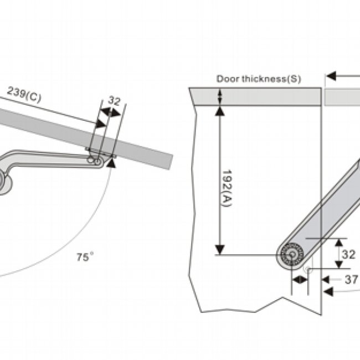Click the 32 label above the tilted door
click(114, 101)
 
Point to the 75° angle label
click(85, 257)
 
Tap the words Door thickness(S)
click(258, 79)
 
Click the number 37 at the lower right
click(351, 280)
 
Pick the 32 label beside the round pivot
click(348, 255)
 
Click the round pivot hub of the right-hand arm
click(290, 255)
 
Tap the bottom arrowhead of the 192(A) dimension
click(220, 249)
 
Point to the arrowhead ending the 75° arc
click(112, 162)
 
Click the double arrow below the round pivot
click(300, 280)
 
